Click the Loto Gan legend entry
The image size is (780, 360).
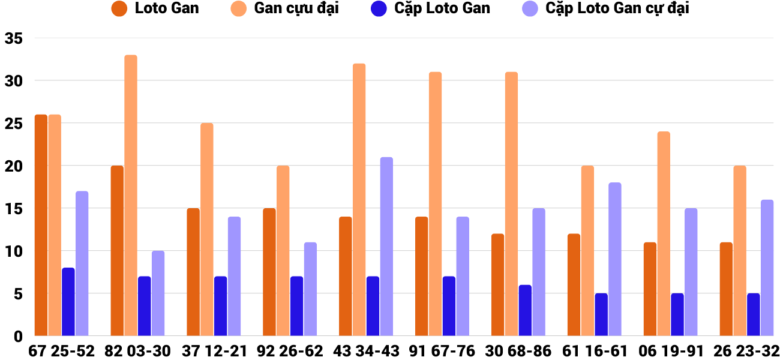click(155, 9)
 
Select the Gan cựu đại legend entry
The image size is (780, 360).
click(285, 9)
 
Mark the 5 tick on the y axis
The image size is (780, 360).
click(17, 294)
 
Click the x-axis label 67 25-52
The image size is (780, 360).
click(62, 351)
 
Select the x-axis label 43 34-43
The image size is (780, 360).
click(366, 351)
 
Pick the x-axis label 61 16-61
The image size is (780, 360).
click(595, 351)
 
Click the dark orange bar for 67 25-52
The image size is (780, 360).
click(41, 225)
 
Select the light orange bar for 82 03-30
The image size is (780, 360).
click(131, 195)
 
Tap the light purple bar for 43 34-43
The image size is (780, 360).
click(386, 246)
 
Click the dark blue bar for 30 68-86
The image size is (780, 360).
click(525, 310)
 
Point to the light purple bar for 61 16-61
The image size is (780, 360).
click(615, 259)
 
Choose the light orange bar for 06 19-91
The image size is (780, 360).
click(664, 233)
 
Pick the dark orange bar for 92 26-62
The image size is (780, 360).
click(269, 272)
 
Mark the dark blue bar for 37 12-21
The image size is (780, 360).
click(221, 306)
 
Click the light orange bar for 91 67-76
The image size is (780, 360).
click(435, 204)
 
